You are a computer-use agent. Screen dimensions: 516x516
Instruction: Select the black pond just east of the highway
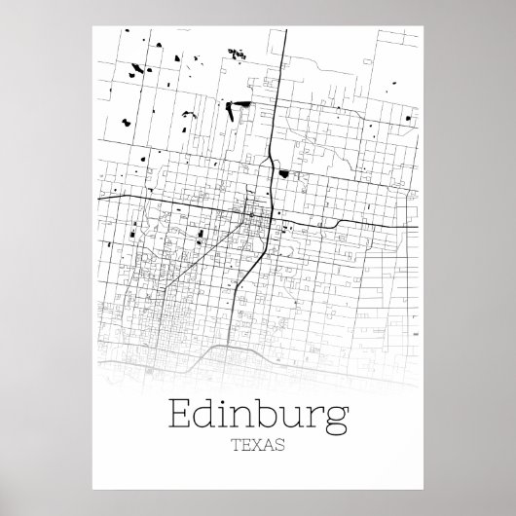tap(283, 173)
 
